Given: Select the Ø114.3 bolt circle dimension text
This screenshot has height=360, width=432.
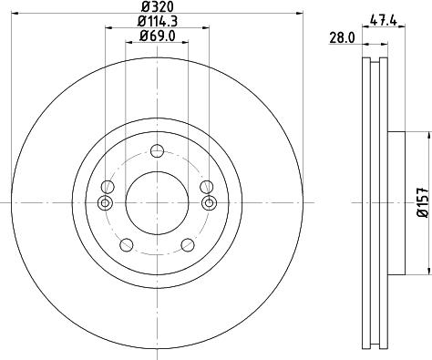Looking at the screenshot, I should (157, 21).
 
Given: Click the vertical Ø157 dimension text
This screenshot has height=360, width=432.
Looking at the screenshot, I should (422, 202).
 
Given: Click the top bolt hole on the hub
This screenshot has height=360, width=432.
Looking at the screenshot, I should (157, 151).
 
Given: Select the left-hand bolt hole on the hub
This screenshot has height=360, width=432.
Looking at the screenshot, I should (105, 202).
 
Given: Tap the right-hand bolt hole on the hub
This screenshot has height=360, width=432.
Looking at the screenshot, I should (209, 202).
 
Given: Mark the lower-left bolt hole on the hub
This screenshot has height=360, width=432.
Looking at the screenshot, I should (127, 244).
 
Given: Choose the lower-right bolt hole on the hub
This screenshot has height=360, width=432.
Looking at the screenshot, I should (188, 244).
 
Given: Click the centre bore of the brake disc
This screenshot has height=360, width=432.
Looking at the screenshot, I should (157, 201).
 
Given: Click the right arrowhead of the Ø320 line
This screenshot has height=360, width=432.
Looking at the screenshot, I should (297, 13).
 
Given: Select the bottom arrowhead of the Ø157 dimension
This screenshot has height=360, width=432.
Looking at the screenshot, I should (427, 270).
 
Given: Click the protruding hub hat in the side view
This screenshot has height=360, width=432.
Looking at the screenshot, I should (396, 202).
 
